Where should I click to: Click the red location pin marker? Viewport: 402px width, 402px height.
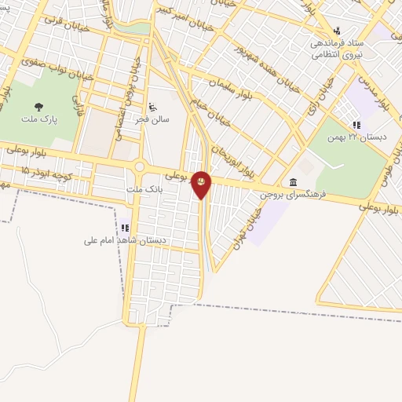(x=201, y=184)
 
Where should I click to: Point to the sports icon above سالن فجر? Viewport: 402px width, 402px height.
(x=152, y=106)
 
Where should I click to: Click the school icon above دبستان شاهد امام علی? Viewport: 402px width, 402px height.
(x=124, y=228)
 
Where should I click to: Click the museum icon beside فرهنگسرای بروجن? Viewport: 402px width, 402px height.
(x=293, y=182)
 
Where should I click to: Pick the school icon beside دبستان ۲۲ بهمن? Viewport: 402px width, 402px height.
(x=356, y=124)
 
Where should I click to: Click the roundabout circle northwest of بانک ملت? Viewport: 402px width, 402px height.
(x=141, y=166)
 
